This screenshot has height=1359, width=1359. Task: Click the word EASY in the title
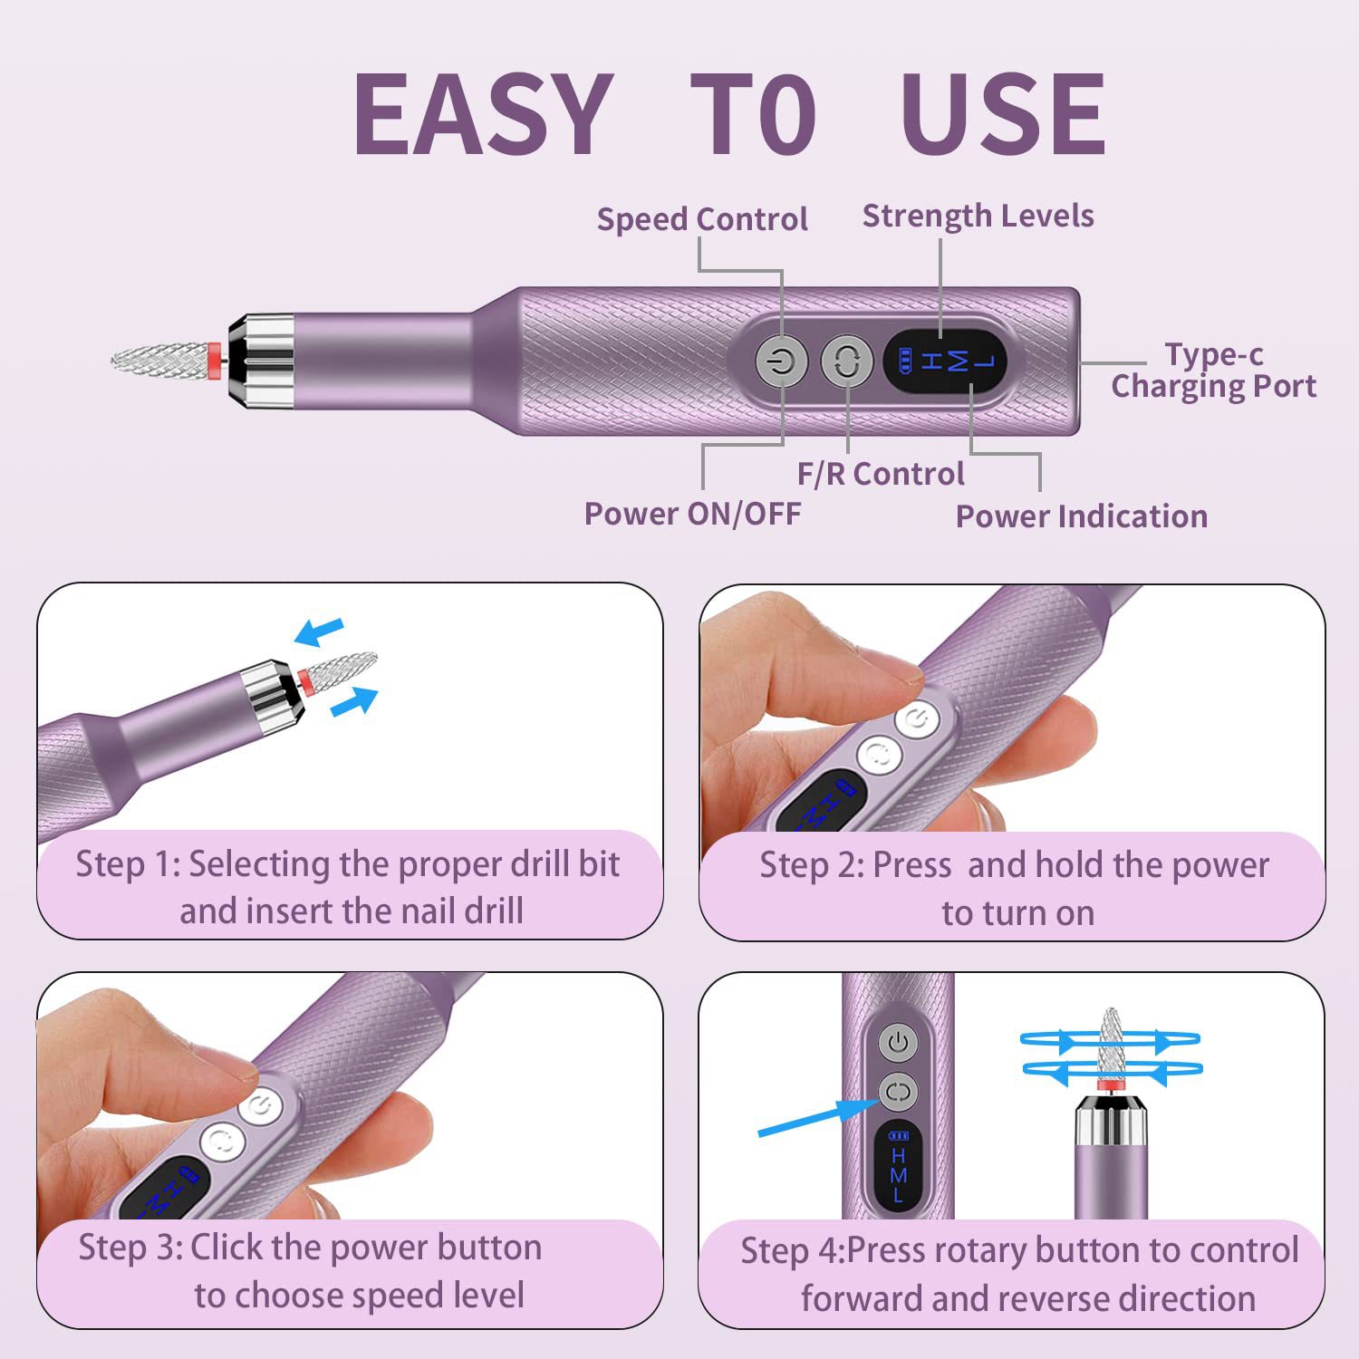[482, 114]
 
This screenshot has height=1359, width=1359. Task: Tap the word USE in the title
[1002, 114]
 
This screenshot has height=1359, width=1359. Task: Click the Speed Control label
[701, 219]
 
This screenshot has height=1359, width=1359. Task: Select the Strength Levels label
[978, 216]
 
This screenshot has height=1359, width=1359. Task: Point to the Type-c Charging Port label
[1213, 370]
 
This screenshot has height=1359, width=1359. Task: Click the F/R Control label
[880, 474]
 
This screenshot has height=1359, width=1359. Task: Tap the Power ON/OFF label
[692, 514]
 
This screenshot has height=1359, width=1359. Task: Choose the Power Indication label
[1081, 516]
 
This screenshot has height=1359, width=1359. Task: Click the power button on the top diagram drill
[782, 362]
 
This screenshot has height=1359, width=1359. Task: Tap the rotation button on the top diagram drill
[846, 362]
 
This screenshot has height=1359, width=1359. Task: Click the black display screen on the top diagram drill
[945, 362]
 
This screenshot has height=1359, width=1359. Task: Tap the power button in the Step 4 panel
[898, 1042]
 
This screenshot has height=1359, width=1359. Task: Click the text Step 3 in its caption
[130, 1248]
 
